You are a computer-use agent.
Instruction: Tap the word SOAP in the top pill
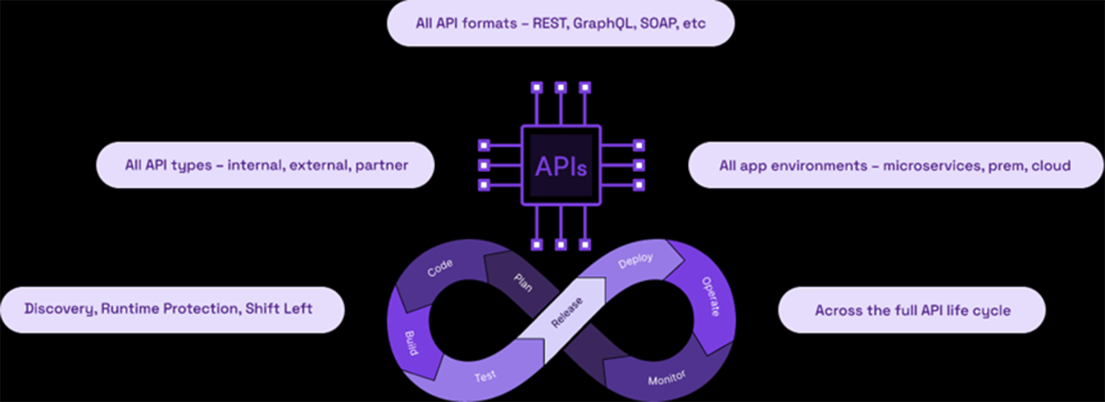point(658,24)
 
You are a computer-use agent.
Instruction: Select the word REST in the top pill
point(550,24)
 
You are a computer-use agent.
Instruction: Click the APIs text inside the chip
point(561,166)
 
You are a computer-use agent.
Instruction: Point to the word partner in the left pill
point(381,165)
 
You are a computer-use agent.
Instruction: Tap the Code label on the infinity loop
point(440,268)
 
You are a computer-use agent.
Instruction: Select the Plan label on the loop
point(523,282)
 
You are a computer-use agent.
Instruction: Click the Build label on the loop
point(411,343)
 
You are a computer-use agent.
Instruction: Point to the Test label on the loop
point(485,376)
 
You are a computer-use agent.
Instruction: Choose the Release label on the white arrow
point(567,312)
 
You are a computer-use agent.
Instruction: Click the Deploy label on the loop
point(635,261)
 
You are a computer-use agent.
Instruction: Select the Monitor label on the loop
point(667,378)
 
